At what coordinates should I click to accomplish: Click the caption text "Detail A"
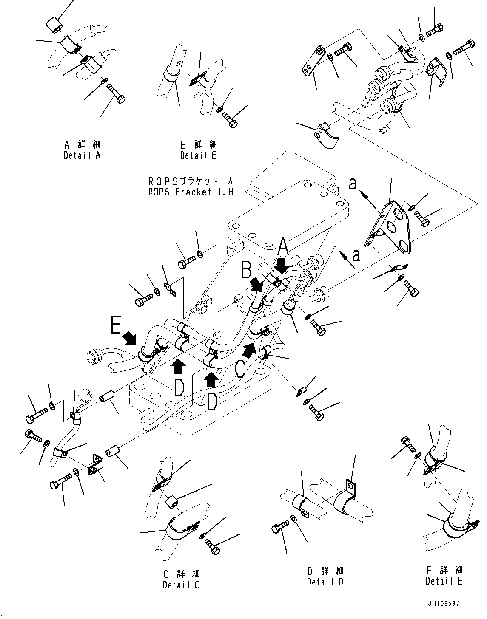pyautogui.click(x=82, y=155)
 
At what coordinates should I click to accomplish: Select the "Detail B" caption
pyautogui.click(x=199, y=155)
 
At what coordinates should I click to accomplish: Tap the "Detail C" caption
pyautogui.click(x=181, y=585)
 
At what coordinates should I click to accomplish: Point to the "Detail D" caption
pyautogui.click(x=325, y=582)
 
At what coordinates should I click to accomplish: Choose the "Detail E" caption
pyautogui.click(x=444, y=581)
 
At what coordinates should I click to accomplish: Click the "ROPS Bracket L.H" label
pyautogui.click(x=191, y=192)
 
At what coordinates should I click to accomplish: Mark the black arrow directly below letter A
pyautogui.click(x=281, y=267)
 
